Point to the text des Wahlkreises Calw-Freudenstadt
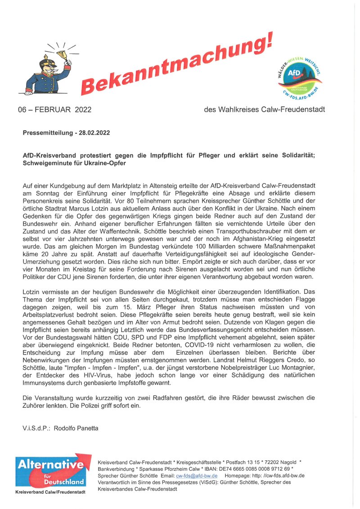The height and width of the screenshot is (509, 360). [264, 109]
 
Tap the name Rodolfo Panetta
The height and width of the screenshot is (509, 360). [76, 428]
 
